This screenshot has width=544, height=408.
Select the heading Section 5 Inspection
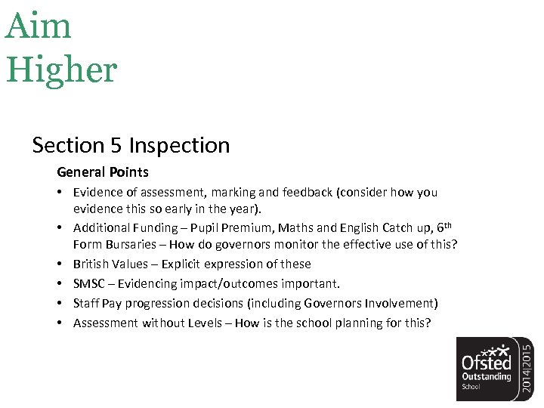(x=131, y=144)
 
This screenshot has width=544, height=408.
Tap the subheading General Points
(x=103, y=172)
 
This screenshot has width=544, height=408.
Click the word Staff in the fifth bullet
(x=85, y=303)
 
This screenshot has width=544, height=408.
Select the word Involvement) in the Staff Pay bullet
(x=403, y=303)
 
